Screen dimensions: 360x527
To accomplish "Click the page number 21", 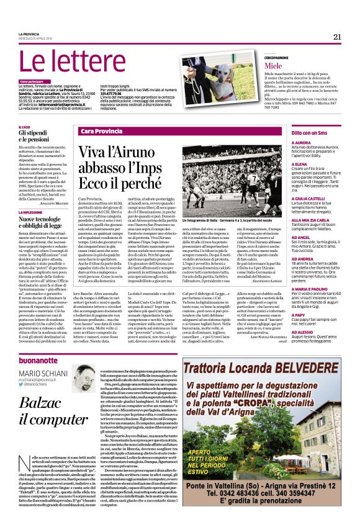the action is pos(337,36).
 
